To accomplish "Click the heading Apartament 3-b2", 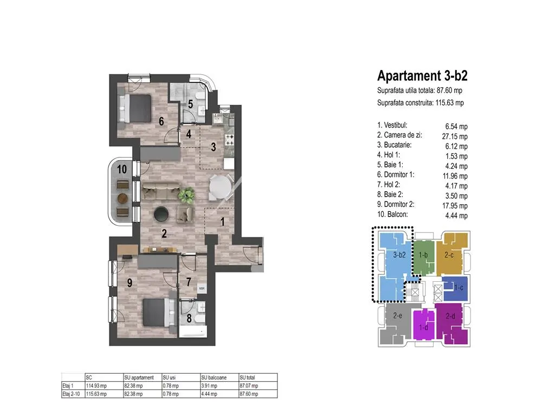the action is [422, 76].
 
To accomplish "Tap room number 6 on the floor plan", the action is [162, 121].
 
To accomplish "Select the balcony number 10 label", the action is [122, 169].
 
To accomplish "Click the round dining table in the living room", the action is [220, 188].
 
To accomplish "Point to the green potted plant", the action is [186, 195].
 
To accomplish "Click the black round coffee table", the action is [162, 214].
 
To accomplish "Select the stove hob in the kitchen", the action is [229, 140].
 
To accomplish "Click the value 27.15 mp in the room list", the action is [455, 136].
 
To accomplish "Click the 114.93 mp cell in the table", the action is [96, 386].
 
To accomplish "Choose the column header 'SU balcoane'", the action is [214, 378].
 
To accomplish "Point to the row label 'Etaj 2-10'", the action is [71, 394].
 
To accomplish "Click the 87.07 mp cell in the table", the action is [249, 386].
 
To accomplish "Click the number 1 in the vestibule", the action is [223, 222].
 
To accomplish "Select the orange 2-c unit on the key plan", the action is [449, 254].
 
